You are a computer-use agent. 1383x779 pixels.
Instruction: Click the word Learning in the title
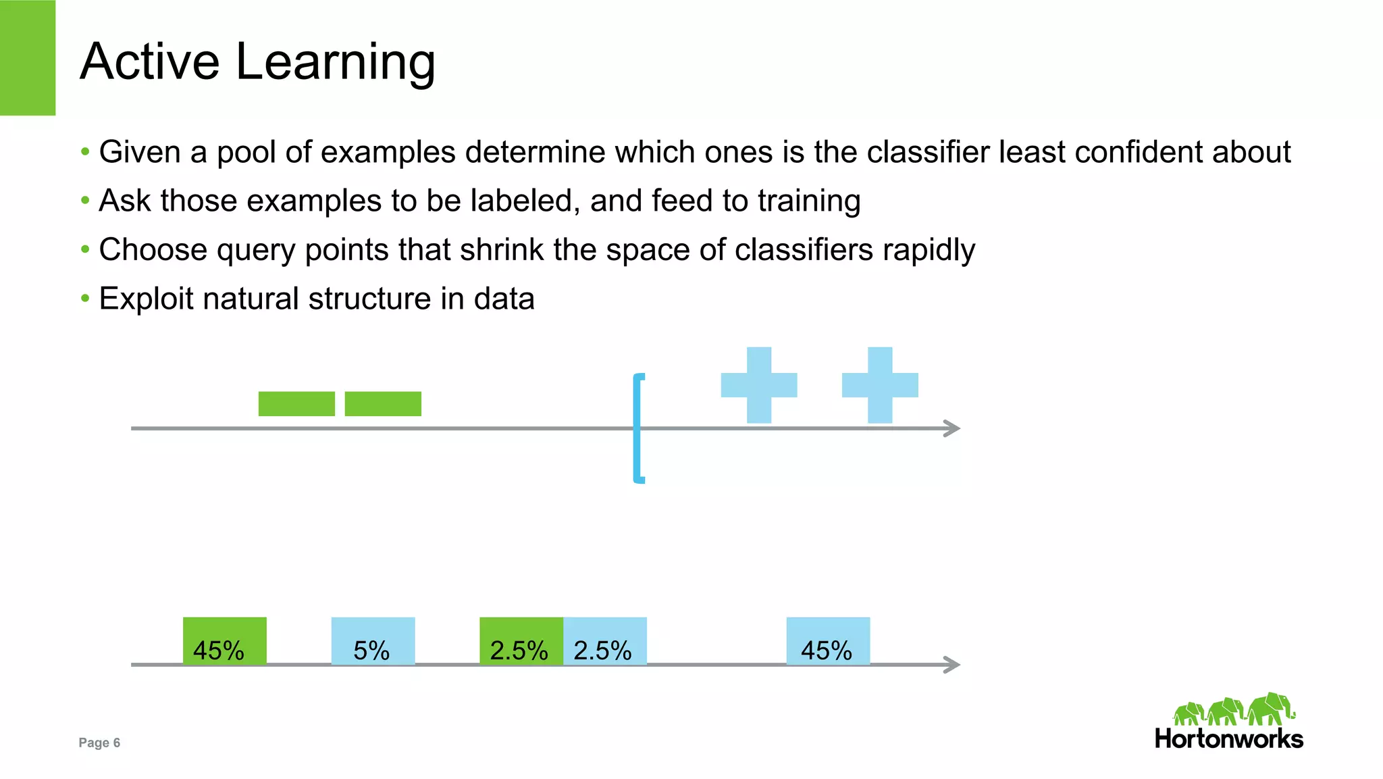pos(335,62)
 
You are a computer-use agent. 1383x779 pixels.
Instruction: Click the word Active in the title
pos(150,62)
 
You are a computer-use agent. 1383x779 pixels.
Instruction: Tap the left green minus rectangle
pos(296,404)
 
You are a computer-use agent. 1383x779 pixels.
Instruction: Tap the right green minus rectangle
pos(383,404)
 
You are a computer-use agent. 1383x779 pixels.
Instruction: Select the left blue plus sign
pos(759,385)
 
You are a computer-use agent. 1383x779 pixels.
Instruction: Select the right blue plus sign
pos(880,385)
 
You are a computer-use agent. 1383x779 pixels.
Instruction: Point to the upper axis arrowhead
pos(953,428)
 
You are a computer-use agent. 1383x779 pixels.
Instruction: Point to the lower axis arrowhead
pos(953,665)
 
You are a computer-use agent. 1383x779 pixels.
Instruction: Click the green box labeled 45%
pos(224,640)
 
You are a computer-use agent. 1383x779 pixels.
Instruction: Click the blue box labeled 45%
pos(828,640)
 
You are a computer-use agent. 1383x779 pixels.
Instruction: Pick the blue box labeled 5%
pos(373,640)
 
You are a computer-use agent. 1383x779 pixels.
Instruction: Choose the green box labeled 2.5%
pos(521,640)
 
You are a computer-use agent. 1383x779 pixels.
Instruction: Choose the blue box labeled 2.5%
pos(605,640)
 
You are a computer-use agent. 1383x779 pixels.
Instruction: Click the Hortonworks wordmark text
pos(1229,738)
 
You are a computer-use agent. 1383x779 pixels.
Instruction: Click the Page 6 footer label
pos(99,743)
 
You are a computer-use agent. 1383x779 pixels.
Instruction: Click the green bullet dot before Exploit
pos(85,298)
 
